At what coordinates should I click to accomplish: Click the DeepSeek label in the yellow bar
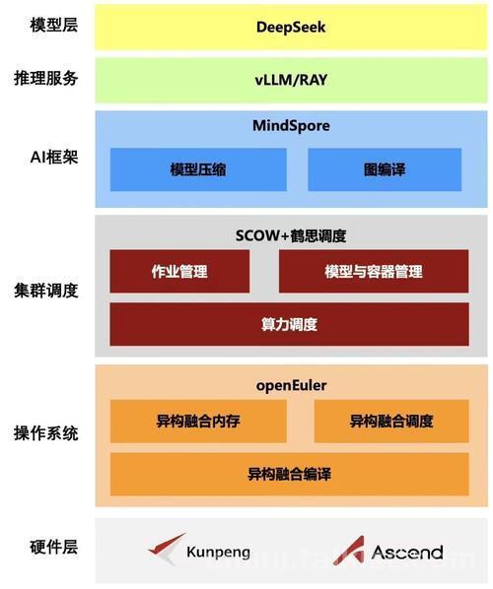[x=291, y=27]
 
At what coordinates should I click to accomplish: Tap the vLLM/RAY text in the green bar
[x=291, y=80]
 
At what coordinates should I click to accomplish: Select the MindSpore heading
[x=291, y=125]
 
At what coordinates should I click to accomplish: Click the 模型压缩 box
[x=198, y=169]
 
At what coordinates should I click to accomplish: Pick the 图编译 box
[x=385, y=169]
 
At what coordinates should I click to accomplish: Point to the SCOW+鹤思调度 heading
[x=291, y=236]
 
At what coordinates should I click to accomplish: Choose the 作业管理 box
[x=179, y=271]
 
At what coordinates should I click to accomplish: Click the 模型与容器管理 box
[x=374, y=271]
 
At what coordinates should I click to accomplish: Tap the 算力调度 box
[x=289, y=324]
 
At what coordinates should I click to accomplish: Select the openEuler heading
[x=291, y=386]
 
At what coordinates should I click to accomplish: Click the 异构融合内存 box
[x=198, y=422]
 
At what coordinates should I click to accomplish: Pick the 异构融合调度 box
[x=391, y=422]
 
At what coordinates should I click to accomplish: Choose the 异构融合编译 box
[x=289, y=474]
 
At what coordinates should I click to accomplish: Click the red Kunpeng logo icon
[x=166, y=549]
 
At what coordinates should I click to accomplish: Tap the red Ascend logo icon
[x=350, y=551]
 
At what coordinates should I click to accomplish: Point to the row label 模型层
[x=54, y=26]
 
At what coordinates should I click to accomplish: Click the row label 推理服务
[x=46, y=79]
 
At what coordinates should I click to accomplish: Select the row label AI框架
[x=54, y=157]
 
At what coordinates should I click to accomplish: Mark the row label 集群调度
[x=46, y=291]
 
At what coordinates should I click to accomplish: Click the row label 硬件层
[x=54, y=547]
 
